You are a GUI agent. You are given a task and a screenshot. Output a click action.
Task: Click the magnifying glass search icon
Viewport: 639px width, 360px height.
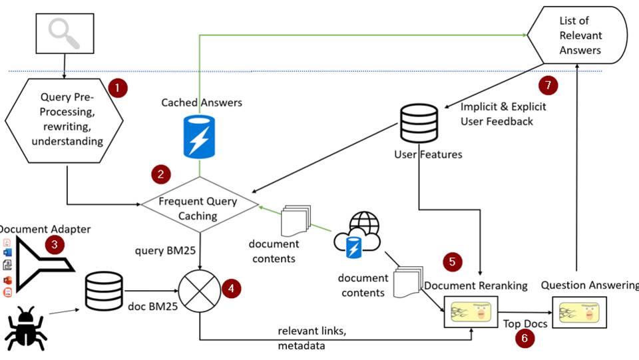(x=63, y=34)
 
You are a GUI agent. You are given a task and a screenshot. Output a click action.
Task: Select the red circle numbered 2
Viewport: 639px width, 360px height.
(x=160, y=174)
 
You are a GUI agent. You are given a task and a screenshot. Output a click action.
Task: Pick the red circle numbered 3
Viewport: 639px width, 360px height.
(x=55, y=244)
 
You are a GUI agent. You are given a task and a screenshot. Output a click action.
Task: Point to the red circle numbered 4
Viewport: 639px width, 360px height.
(x=230, y=288)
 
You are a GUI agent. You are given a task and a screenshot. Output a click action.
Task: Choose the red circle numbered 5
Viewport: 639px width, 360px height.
(x=453, y=262)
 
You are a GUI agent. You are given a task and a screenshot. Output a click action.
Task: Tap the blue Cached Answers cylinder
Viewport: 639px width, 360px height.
(x=200, y=138)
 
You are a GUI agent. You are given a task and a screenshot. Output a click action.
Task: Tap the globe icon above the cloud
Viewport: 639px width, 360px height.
(x=363, y=224)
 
